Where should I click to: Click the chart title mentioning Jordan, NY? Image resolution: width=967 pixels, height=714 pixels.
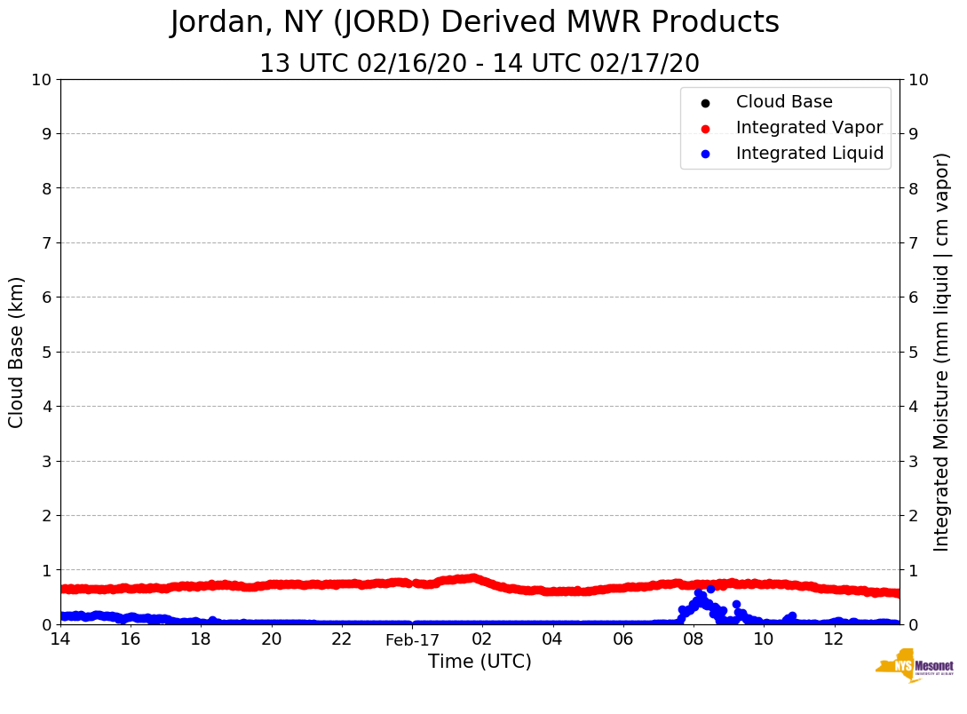point(474,23)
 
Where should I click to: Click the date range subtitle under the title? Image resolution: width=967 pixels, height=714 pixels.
point(479,64)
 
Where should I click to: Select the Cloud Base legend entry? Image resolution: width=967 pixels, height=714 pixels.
point(783,102)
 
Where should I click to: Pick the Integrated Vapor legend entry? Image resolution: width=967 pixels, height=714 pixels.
point(808,128)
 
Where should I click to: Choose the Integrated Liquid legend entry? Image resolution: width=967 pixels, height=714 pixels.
point(809,154)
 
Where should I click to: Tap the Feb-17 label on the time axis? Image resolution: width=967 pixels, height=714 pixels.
point(412,640)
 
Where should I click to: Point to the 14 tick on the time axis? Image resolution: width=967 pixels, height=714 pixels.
point(60,639)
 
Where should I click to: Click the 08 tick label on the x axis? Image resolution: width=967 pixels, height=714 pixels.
point(693,639)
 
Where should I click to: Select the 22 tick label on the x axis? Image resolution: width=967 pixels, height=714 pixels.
point(342,639)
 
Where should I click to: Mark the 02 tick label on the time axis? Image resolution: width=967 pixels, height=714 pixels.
point(482,639)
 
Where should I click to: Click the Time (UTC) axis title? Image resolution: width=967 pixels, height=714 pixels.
point(480,662)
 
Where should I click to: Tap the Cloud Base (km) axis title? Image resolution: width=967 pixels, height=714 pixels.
point(17,352)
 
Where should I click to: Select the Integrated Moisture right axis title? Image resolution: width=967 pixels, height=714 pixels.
point(942,352)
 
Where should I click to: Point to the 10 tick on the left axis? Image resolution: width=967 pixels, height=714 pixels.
point(42,80)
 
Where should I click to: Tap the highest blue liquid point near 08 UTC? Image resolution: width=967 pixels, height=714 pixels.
point(710,589)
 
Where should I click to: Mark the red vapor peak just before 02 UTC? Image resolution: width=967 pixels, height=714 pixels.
point(472,578)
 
